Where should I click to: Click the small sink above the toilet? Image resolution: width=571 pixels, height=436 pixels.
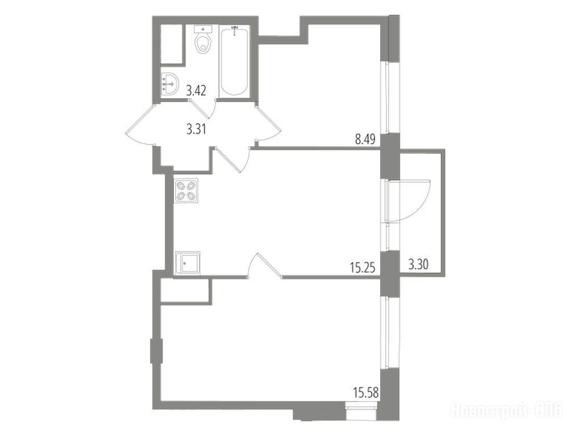click(x=203, y=28)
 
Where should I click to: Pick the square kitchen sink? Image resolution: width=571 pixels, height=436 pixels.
click(x=187, y=262)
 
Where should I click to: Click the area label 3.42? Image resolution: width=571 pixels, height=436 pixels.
click(x=196, y=90)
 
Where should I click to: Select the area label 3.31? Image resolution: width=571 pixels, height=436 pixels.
click(x=196, y=129)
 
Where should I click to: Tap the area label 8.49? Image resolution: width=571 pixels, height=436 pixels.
click(x=365, y=140)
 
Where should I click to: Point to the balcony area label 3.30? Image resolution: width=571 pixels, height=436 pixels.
click(x=418, y=265)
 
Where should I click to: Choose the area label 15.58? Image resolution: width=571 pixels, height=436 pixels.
click(x=366, y=393)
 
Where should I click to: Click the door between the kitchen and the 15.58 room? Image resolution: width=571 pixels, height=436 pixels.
click(x=264, y=265)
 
